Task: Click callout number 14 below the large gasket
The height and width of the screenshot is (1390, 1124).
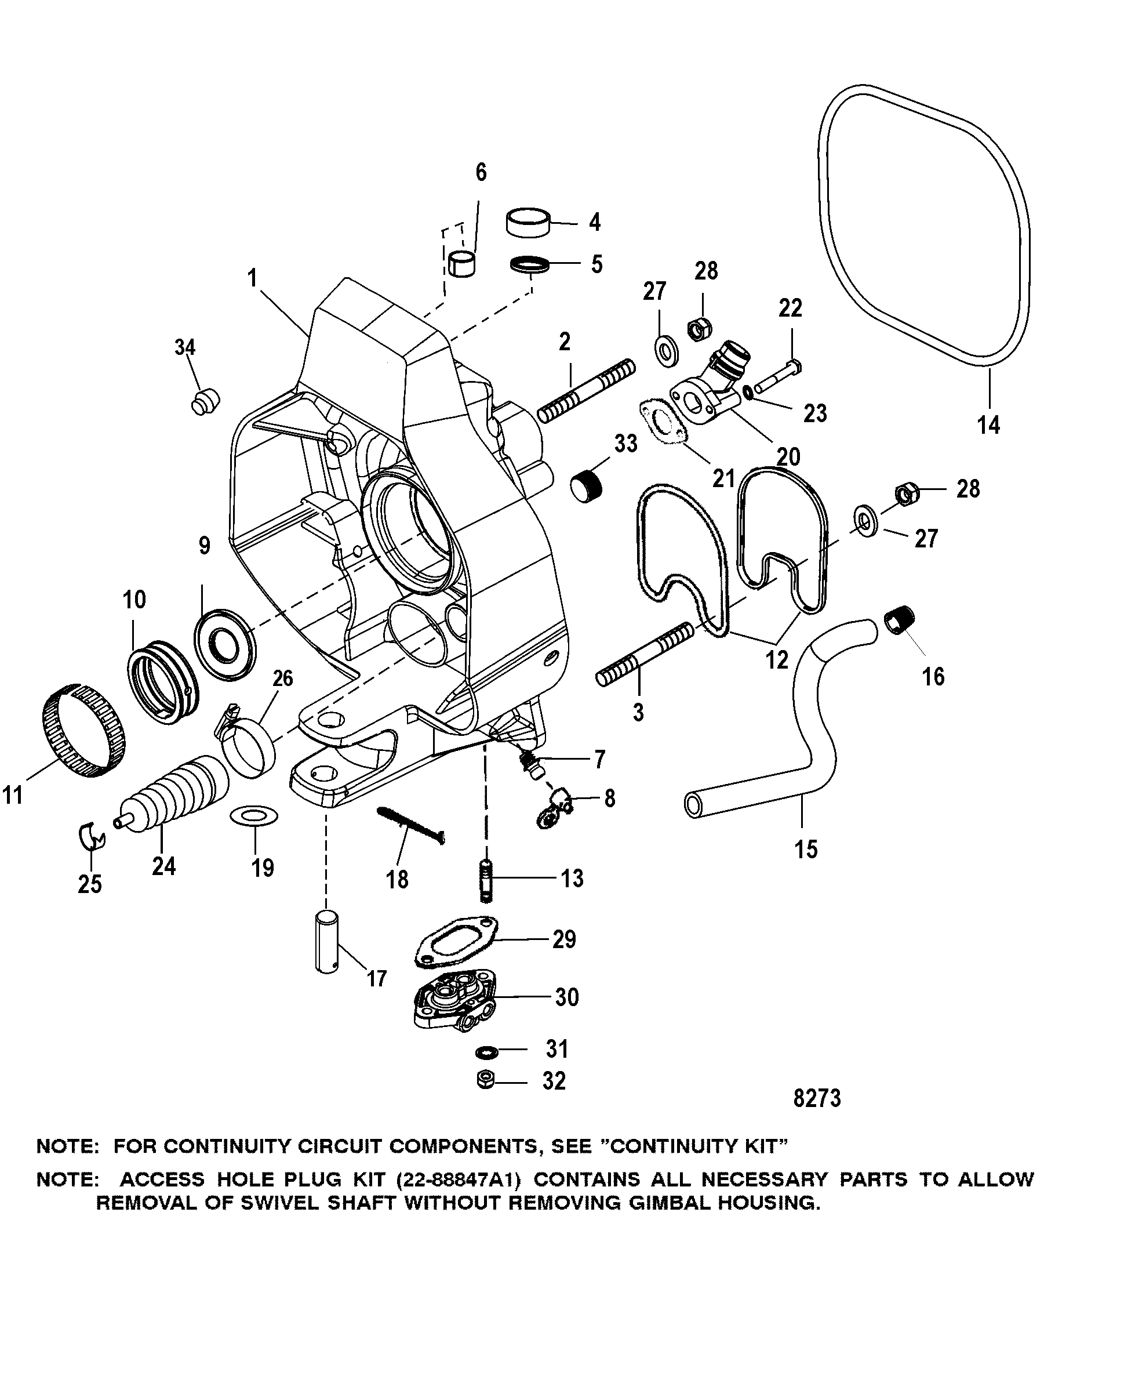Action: click(x=988, y=425)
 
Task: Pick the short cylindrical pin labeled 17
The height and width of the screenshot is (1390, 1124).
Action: click(x=328, y=950)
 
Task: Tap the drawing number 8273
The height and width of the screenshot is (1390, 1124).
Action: click(x=816, y=1098)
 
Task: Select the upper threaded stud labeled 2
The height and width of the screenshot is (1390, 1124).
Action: click(x=586, y=391)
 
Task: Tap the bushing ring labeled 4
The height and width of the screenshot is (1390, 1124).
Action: click(x=530, y=223)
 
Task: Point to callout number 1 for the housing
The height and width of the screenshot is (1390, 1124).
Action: click(x=253, y=278)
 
